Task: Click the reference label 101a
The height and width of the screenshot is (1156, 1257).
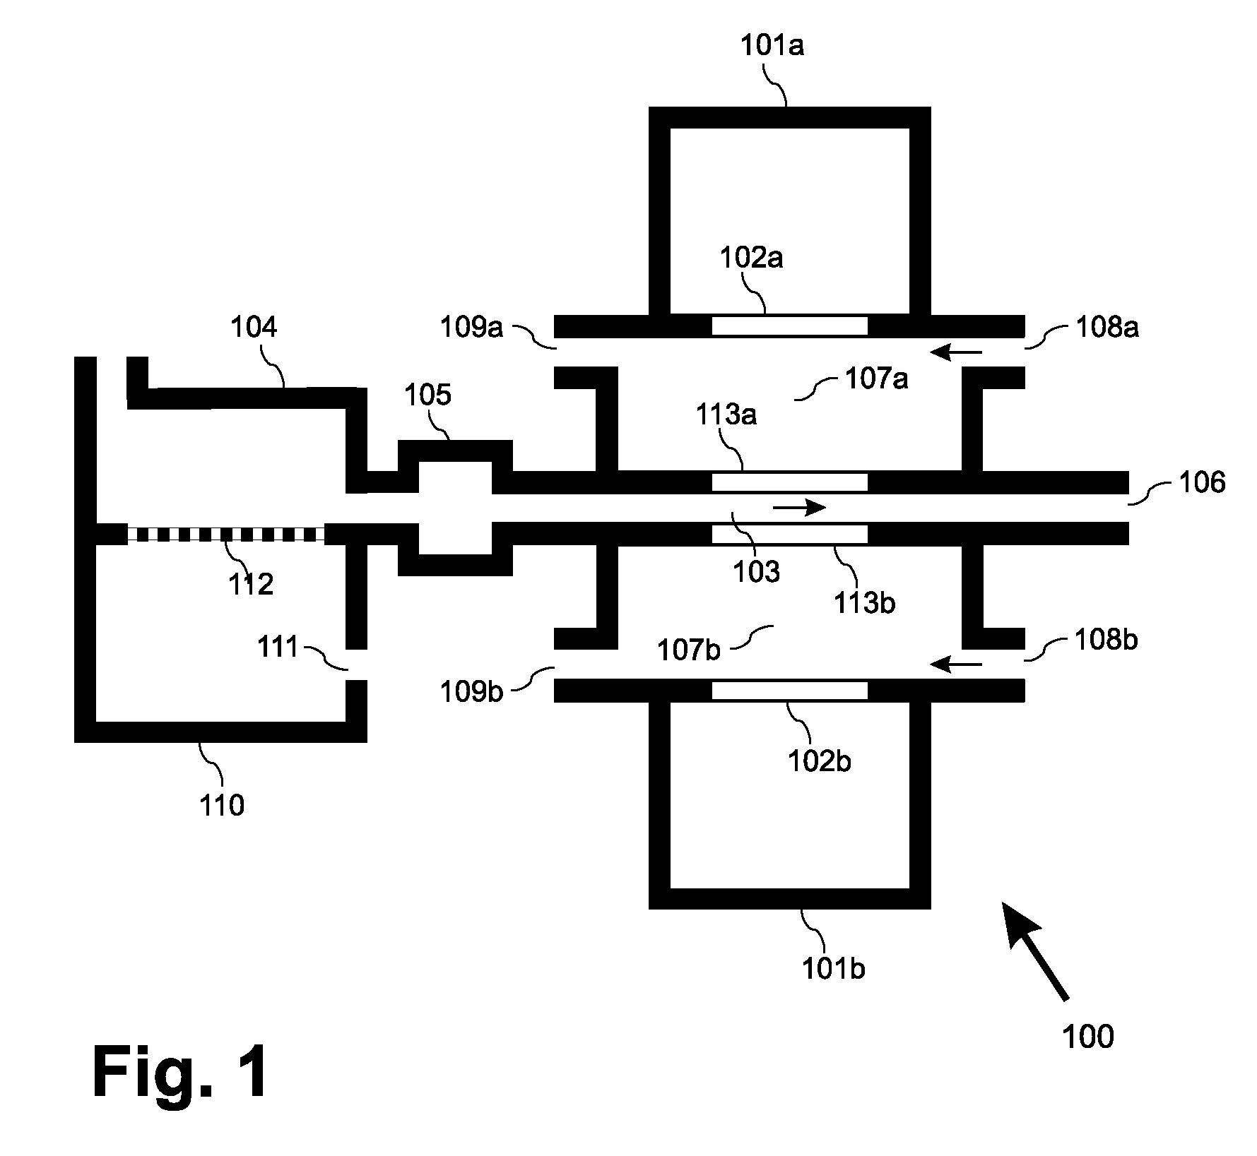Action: tap(772, 46)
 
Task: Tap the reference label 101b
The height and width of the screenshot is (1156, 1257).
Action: tap(834, 969)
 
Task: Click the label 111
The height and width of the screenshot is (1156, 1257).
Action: tap(278, 647)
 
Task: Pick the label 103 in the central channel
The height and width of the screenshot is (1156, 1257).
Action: tap(756, 571)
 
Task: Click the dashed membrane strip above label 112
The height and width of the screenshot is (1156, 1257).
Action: tap(225, 534)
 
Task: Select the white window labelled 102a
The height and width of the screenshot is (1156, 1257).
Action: tap(790, 326)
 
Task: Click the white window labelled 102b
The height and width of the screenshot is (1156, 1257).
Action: tap(790, 690)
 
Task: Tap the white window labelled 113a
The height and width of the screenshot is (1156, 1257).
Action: tap(790, 482)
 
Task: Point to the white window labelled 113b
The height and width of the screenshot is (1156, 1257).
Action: tap(790, 534)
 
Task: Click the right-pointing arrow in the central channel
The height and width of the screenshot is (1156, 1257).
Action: tap(799, 507)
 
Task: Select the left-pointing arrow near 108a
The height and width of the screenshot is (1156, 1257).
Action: tap(956, 351)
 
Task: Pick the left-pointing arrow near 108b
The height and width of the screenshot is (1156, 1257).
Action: tap(956, 664)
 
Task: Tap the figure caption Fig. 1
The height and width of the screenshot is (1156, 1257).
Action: tap(180, 1073)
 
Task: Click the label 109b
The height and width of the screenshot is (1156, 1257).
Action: tap(472, 691)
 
